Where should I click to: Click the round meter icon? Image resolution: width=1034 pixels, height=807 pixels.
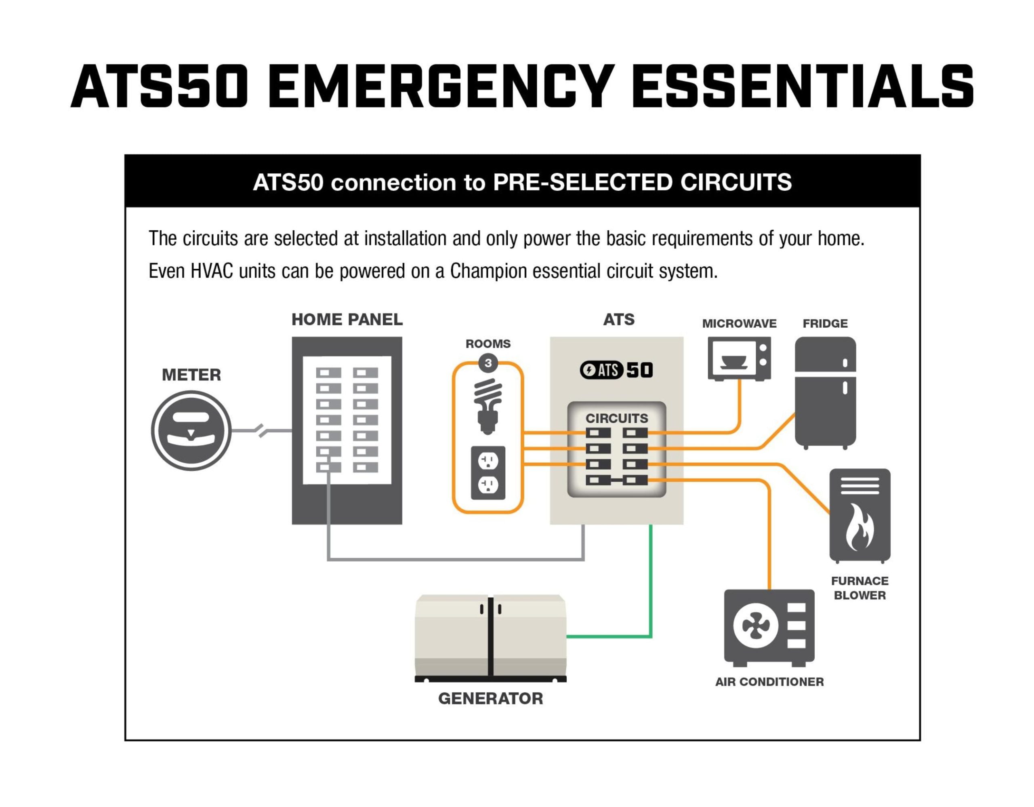[x=191, y=430]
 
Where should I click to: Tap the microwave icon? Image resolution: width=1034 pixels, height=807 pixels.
[x=739, y=358]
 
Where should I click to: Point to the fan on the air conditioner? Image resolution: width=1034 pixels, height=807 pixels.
[x=756, y=626]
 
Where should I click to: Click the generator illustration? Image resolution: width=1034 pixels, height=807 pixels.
[x=490, y=637]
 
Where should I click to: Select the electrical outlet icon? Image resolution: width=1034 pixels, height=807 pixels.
[x=488, y=473]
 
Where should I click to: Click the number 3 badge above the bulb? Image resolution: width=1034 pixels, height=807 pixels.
[x=488, y=364]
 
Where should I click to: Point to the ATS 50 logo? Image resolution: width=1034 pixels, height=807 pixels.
[x=616, y=370]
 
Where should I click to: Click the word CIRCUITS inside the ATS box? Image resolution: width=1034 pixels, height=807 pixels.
[x=616, y=418]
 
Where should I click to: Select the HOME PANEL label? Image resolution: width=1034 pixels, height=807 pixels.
[x=347, y=320]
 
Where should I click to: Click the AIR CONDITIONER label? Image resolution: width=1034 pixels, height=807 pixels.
[x=769, y=682]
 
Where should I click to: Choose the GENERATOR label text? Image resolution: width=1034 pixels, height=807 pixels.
[x=490, y=699]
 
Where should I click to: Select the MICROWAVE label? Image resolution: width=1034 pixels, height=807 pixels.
[x=739, y=323]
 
